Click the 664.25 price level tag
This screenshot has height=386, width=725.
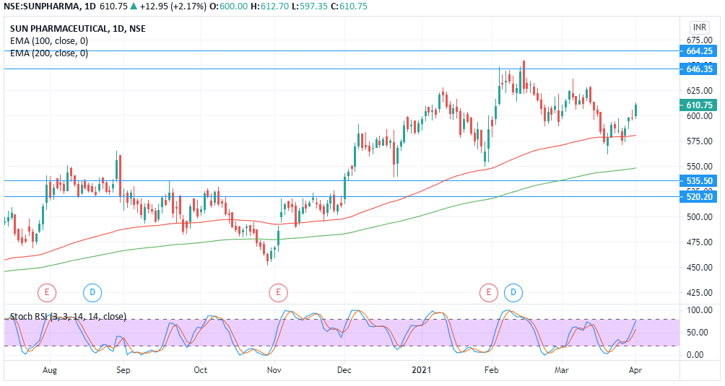point(699,51)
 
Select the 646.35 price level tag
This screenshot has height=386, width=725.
point(699,69)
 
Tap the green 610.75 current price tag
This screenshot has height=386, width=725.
point(699,105)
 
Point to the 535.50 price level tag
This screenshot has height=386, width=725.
point(699,181)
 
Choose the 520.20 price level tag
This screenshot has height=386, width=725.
point(699,196)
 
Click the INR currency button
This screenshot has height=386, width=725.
point(699,27)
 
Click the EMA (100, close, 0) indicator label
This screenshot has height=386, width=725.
point(49,41)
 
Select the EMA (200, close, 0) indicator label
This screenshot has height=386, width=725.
point(49,53)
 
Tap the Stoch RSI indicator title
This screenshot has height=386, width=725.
point(68,316)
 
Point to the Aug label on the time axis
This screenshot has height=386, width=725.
point(50,370)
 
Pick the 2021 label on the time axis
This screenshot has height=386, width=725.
point(422,370)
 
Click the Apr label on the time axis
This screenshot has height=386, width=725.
point(635,370)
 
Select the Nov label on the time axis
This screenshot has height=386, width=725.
point(274,370)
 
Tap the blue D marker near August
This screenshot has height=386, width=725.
point(92,292)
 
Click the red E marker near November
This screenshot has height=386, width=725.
point(278,292)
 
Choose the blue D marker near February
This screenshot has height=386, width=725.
point(513,292)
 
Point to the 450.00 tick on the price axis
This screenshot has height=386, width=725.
point(698,267)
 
